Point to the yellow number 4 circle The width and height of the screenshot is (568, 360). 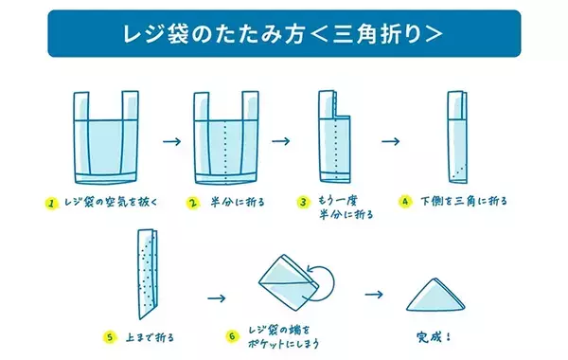point(405,202)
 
